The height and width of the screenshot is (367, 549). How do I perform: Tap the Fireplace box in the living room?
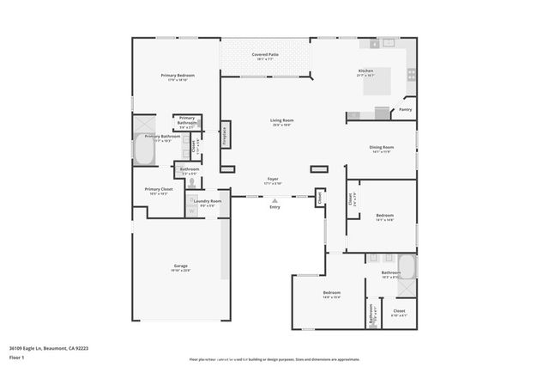226,136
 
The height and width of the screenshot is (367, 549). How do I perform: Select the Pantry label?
406,109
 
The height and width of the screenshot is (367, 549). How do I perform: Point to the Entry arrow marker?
274,201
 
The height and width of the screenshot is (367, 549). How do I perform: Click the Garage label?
181,267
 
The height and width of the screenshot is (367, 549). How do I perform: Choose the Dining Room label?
381,149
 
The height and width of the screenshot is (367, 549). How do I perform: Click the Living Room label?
281,122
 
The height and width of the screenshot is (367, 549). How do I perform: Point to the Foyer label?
272,180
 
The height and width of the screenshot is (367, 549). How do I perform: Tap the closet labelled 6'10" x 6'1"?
399,312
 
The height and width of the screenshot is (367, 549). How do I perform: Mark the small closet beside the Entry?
320,199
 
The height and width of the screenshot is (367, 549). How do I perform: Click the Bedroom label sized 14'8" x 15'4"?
332,295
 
